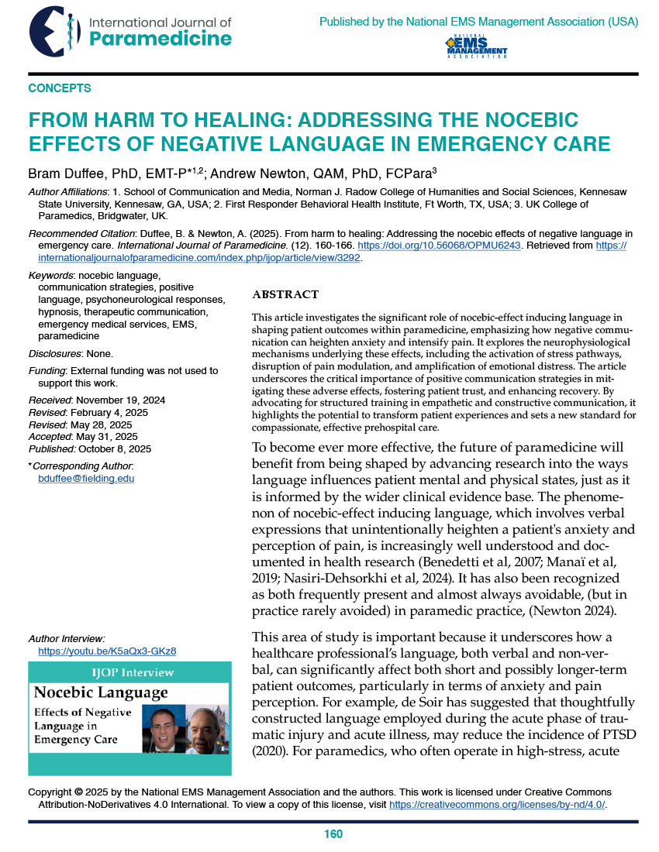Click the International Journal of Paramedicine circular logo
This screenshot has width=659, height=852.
(x=54, y=31)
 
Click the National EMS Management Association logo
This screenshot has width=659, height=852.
(x=476, y=47)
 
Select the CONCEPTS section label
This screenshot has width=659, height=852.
(x=60, y=88)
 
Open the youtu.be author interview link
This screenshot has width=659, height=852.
(x=112, y=651)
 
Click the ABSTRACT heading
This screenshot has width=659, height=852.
(x=285, y=294)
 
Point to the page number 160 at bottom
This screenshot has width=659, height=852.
(x=333, y=834)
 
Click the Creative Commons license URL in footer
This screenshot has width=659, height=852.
(x=496, y=805)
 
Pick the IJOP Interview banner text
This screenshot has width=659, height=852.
(x=129, y=672)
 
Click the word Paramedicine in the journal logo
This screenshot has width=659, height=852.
(x=161, y=39)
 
